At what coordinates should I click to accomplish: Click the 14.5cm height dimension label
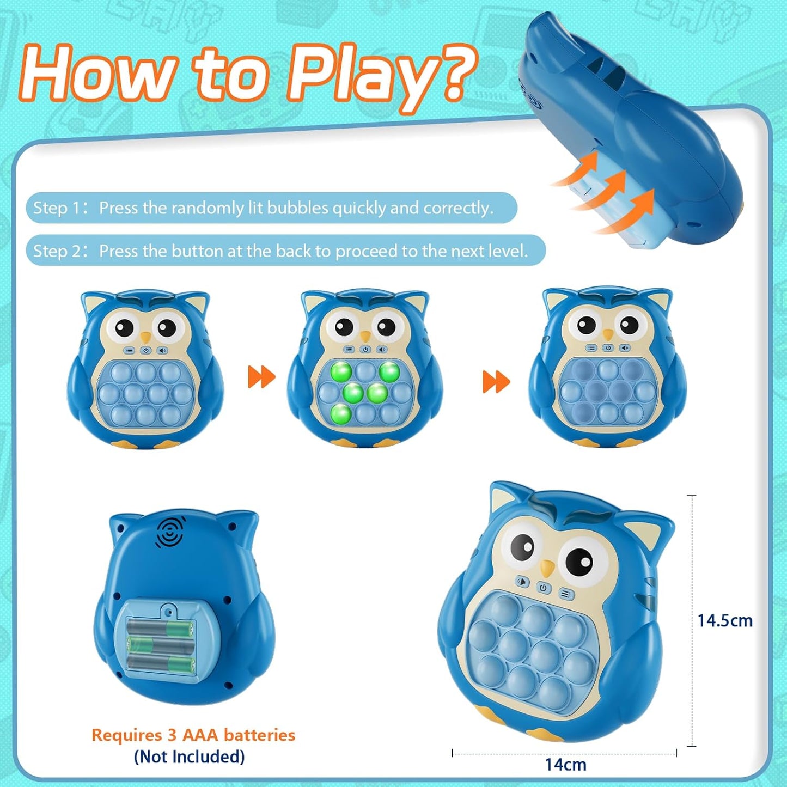pos(725,620)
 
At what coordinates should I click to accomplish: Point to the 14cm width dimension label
pos(565,765)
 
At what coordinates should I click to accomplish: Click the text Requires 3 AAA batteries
pos(193,735)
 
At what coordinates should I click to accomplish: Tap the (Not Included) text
pos(189,757)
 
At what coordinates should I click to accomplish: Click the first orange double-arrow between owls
pos(261,377)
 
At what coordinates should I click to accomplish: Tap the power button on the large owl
pos(543,588)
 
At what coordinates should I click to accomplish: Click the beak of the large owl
pos(547,569)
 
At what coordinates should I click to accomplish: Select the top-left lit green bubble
pos(341,372)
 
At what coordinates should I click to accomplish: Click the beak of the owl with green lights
pos(365,335)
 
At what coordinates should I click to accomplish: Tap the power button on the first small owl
pos(145,350)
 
